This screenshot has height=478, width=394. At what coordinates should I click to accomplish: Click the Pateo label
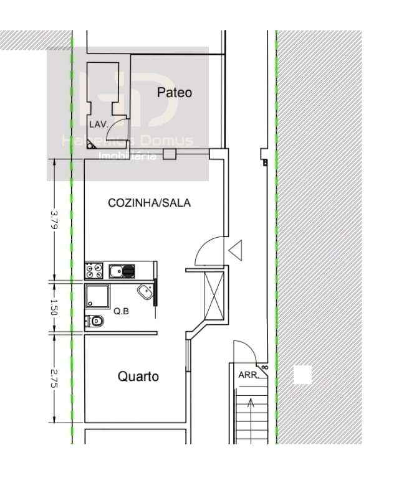coord(174,93)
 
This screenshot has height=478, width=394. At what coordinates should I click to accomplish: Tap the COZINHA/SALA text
coord(149,203)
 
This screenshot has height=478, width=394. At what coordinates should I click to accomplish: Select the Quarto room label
coord(138,377)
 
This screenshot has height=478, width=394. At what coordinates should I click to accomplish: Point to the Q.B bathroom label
coord(121,311)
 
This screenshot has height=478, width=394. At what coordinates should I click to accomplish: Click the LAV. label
coord(99,124)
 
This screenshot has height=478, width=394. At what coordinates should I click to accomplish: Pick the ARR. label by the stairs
coord(247,375)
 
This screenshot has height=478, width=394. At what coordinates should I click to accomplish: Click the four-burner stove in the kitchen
coord(94,271)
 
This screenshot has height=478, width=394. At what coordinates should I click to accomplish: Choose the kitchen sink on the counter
coord(122,271)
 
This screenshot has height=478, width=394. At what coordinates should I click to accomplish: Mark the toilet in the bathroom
coord(95,321)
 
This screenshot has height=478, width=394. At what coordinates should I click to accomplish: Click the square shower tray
coord(97,296)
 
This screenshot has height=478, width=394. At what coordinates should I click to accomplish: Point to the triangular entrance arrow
coord(236,251)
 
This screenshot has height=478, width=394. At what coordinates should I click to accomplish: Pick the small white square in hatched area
coord(302,375)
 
